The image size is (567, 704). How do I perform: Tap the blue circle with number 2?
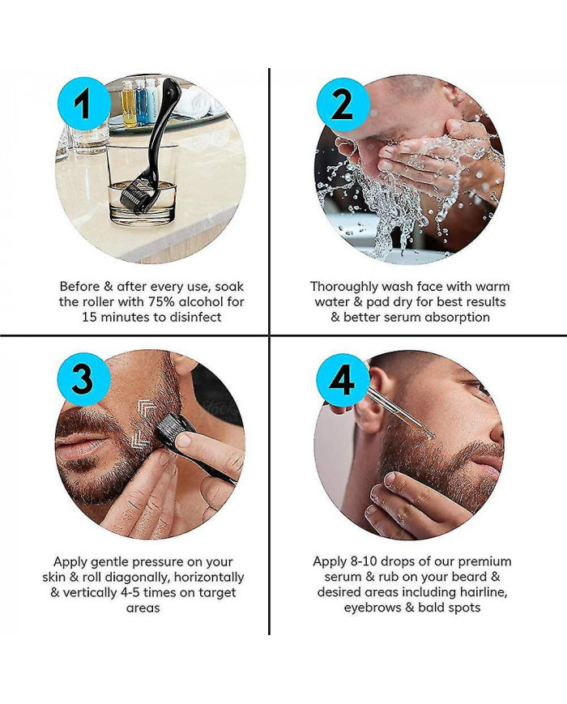341,105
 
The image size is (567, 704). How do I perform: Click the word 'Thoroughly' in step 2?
343,286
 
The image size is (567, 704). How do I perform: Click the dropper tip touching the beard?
430,435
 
